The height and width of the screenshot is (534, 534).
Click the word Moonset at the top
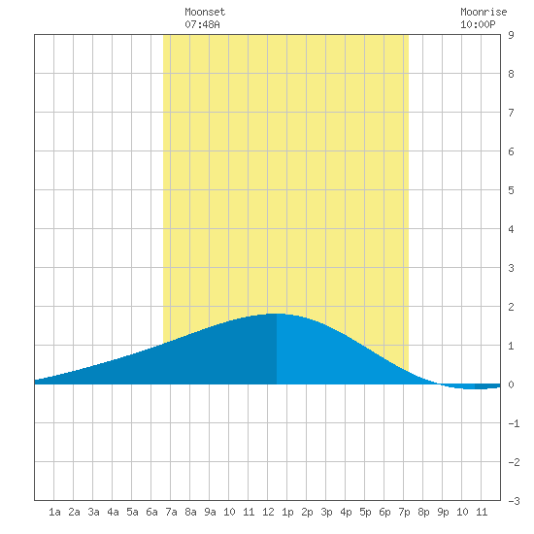(205, 12)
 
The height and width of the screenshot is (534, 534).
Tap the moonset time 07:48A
(202, 24)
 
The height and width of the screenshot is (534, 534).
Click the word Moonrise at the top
(484, 12)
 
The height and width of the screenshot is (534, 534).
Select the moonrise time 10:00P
(478, 24)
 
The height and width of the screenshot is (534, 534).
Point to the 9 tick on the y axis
(511, 35)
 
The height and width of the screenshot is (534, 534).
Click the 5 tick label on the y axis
(511, 190)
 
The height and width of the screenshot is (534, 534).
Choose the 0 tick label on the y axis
(511, 384)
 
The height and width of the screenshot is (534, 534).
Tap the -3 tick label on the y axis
(514, 501)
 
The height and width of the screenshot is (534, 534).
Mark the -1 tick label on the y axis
(514, 423)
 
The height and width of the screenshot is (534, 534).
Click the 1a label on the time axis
(54, 512)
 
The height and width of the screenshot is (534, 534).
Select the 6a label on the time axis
(151, 512)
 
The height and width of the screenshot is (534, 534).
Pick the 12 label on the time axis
(268, 512)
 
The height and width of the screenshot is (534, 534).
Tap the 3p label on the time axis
(326, 513)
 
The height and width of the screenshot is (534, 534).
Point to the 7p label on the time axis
(404, 513)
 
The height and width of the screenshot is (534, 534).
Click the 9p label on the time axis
(443, 513)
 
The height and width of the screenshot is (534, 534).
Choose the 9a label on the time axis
(210, 512)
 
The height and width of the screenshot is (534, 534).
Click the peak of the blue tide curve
(277, 314)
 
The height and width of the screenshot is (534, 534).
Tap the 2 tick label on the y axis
(511, 307)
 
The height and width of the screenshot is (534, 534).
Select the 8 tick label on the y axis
(511, 74)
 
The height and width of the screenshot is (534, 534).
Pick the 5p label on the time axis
(365, 513)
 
